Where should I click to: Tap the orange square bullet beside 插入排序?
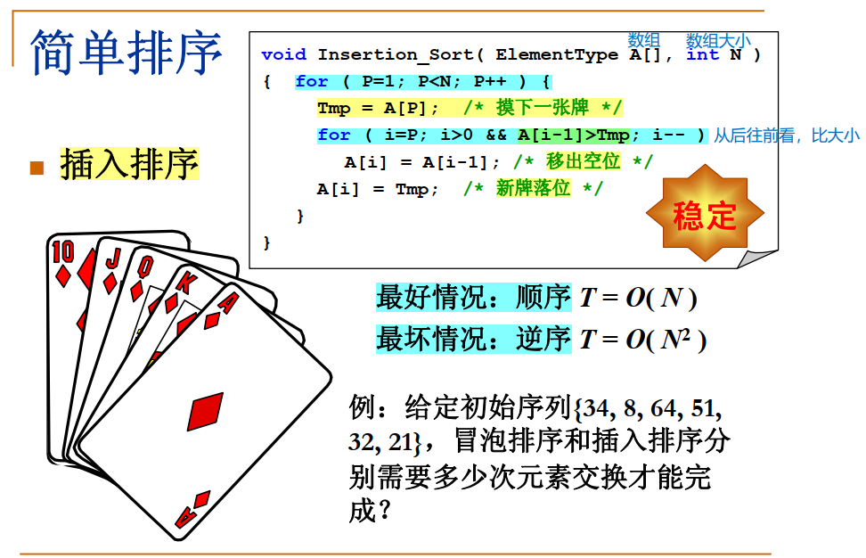[x=37, y=167]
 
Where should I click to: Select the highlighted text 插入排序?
[x=129, y=165]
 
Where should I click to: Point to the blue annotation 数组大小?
[x=718, y=41]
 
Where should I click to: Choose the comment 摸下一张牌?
[x=543, y=108]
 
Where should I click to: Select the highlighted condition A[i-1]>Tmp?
[x=573, y=135]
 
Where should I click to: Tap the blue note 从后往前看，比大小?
[x=787, y=135]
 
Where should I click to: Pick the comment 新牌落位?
[x=533, y=188]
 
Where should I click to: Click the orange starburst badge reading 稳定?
[x=705, y=214]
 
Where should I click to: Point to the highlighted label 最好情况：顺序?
[x=473, y=297]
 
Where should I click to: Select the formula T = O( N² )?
[x=642, y=340]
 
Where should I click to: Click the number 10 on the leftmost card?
[x=63, y=252]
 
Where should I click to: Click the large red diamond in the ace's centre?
[x=204, y=412]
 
